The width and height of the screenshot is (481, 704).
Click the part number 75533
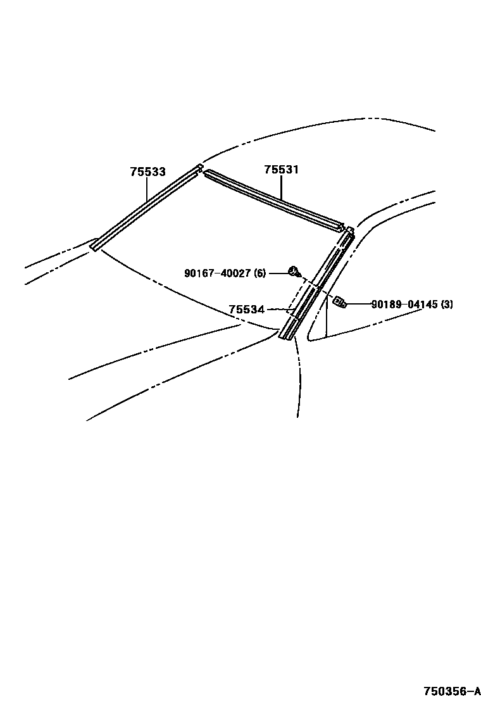point(148,172)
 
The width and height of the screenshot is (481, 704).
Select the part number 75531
point(282,170)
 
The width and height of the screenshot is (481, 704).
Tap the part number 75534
point(247,310)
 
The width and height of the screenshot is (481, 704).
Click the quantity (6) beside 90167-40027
point(259,273)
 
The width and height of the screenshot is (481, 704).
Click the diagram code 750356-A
point(452,689)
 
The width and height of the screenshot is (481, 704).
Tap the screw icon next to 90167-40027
point(294,272)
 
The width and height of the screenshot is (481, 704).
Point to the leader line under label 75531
point(282,188)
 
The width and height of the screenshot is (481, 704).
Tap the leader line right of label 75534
point(278,310)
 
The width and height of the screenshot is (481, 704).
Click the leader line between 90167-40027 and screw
point(278,273)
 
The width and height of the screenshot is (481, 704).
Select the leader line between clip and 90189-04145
point(358,305)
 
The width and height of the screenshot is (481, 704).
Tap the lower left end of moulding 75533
point(95,244)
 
